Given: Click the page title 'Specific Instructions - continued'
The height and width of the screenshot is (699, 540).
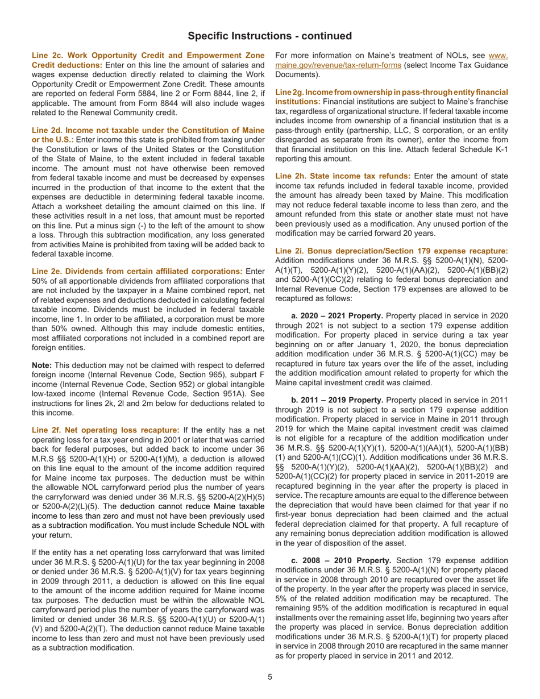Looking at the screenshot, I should (x=270, y=36).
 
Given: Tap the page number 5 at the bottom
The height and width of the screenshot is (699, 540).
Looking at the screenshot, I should (x=270, y=677).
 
